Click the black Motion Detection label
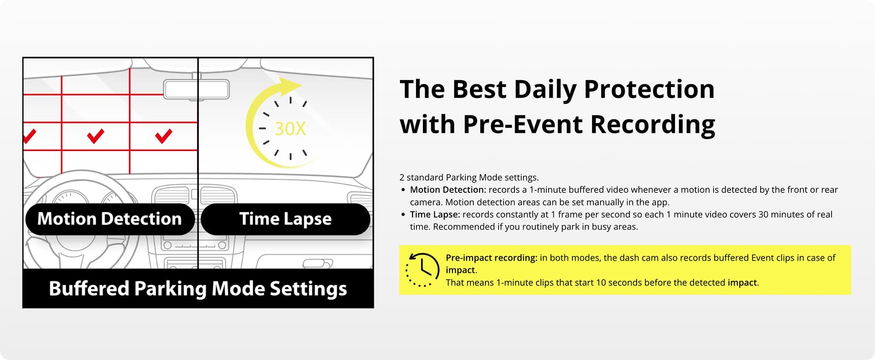click(x=110, y=219)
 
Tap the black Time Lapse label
click(x=285, y=219)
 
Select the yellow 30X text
click(x=290, y=129)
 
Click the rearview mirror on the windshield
click(x=196, y=90)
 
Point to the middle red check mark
click(x=95, y=136)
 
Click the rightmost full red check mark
click(x=164, y=136)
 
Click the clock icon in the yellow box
click(x=422, y=270)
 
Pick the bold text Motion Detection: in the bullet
click(x=448, y=190)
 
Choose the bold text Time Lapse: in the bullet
click(x=435, y=215)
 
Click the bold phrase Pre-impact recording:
click(x=492, y=258)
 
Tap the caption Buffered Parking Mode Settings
click(x=198, y=289)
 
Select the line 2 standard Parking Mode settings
click(x=469, y=178)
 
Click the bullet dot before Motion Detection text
click(x=403, y=190)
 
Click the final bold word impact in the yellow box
click(x=742, y=283)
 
